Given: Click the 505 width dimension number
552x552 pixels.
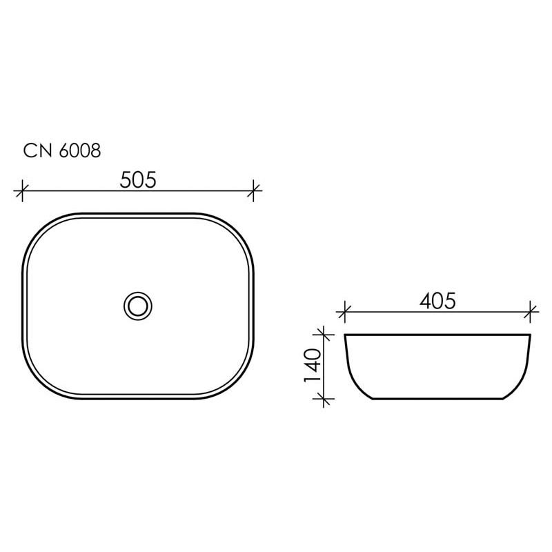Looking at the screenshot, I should pos(139,179).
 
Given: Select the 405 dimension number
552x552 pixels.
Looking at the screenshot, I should pos(436,302).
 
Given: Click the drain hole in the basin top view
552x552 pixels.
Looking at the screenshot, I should pos(139,304).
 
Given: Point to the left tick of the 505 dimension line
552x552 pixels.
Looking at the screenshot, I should pos(23,190).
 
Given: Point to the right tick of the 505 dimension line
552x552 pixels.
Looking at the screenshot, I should pos(255,190).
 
